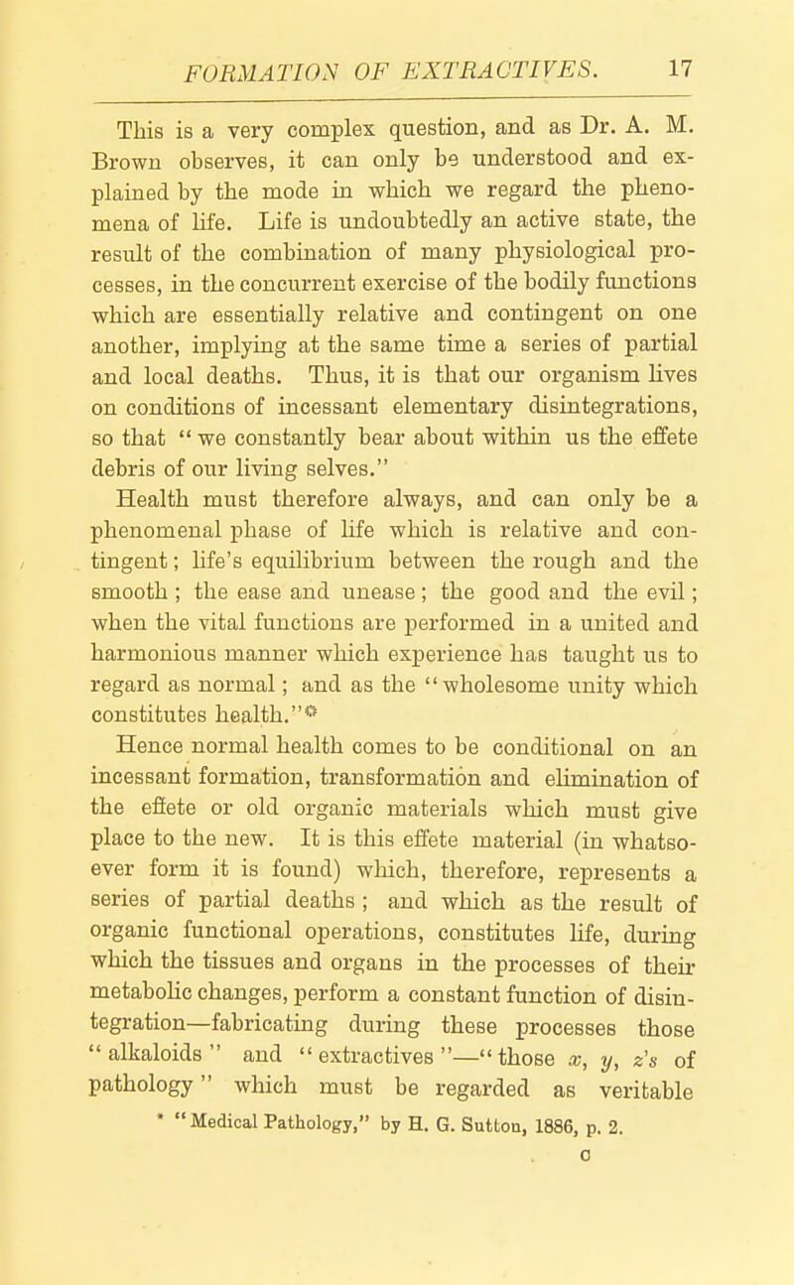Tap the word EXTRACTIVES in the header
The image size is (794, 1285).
tap(522, 67)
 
